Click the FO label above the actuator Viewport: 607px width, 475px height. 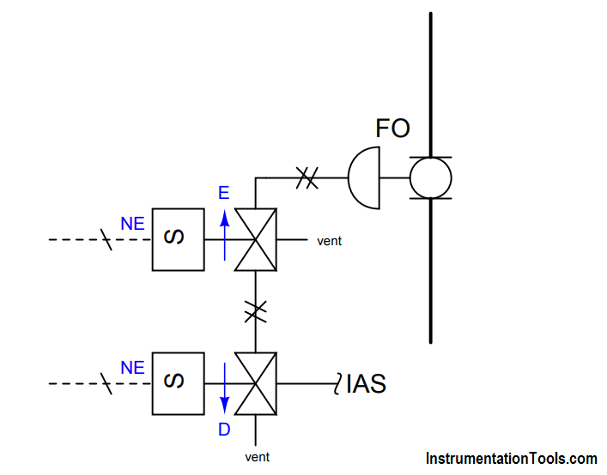point(392,129)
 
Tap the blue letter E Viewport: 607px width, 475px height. point(224,193)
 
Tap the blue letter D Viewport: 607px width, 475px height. point(224,430)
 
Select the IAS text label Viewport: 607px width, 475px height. point(366,384)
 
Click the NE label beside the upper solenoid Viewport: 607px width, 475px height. point(132,224)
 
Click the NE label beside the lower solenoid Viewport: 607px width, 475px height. point(132,368)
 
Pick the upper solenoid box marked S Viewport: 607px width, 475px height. point(178,239)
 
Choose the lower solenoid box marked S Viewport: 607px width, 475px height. point(178,384)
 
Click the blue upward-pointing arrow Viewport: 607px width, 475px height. point(225,236)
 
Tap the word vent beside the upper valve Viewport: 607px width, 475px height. point(329,241)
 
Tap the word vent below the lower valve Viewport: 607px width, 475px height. point(257,457)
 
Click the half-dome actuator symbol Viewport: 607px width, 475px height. point(349,177)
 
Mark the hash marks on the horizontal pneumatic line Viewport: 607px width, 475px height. point(307,177)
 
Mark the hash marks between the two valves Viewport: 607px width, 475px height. point(256,312)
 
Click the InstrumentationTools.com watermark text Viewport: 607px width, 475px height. point(512,459)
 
